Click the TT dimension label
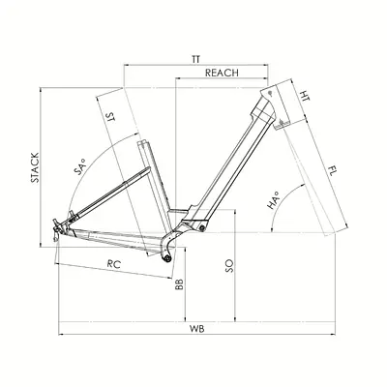click(195, 60)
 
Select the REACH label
click(222, 73)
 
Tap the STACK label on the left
click(35, 167)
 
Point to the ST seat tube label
click(110, 117)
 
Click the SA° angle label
click(80, 166)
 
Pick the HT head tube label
click(305, 96)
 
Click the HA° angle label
click(273, 200)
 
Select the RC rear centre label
click(114, 264)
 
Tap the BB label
click(179, 283)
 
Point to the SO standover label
click(229, 266)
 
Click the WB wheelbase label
click(197, 329)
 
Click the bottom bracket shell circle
click(167, 258)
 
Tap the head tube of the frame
click(277, 106)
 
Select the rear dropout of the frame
click(57, 229)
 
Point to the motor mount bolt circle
click(202, 228)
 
